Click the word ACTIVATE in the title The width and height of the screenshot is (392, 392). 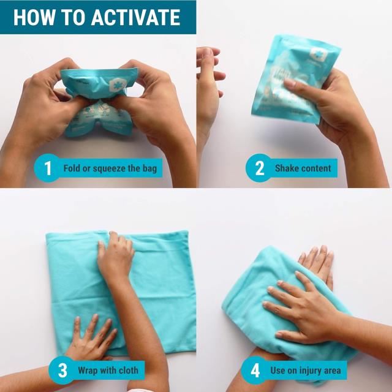(x=136, y=17)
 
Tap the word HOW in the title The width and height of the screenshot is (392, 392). (x=34, y=17)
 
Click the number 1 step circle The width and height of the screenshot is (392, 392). (x=48, y=168)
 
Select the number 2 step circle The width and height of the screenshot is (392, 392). (x=259, y=168)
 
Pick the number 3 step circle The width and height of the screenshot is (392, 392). (x=62, y=370)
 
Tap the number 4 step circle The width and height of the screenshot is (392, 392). (x=255, y=370)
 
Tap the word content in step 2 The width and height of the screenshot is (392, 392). (x=316, y=168)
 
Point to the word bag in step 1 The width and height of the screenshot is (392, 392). (x=149, y=169)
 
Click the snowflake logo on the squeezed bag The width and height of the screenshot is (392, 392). (x=118, y=85)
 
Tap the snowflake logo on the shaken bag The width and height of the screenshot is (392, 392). (x=318, y=54)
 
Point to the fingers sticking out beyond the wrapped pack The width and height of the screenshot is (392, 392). (x=317, y=265)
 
